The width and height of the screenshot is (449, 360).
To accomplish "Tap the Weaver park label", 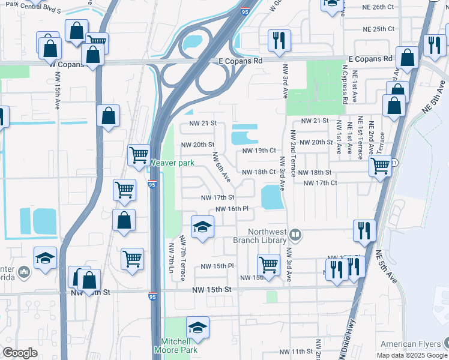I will click(x=171, y=163).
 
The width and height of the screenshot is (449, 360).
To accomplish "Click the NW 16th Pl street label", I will click(x=232, y=209).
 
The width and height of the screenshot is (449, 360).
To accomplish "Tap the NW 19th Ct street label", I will click(x=259, y=151).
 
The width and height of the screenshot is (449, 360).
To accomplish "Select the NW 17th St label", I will click(x=217, y=197).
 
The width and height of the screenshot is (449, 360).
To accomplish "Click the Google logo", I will click(x=20, y=353).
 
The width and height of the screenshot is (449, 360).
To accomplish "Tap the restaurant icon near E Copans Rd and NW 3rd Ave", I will click(x=279, y=40).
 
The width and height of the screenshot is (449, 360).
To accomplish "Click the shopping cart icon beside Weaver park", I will click(x=139, y=155).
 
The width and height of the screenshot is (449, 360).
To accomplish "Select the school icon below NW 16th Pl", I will click(x=202, y=227).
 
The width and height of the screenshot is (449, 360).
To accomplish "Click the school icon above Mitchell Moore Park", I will click(x=197, y=327).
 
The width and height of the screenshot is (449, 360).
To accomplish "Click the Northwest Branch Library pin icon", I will click(x=295, y=234).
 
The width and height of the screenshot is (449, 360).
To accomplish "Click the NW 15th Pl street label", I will click(x=217, y=266).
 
